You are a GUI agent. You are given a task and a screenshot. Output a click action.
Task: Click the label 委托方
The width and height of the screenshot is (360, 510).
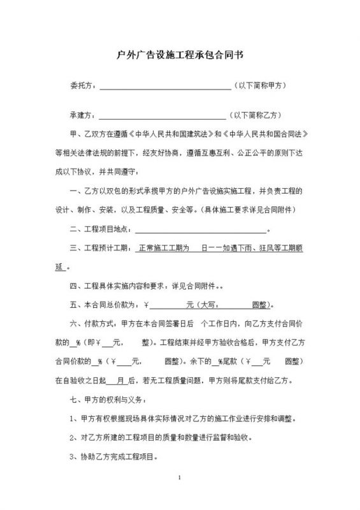(81, 85)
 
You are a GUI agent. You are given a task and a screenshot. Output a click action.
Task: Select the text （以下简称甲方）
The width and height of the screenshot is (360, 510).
(263, 85)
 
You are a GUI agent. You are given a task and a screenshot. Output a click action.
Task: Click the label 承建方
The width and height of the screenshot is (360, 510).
(81, 116)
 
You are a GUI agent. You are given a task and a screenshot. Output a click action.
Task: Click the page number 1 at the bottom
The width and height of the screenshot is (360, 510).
(180, 477)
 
